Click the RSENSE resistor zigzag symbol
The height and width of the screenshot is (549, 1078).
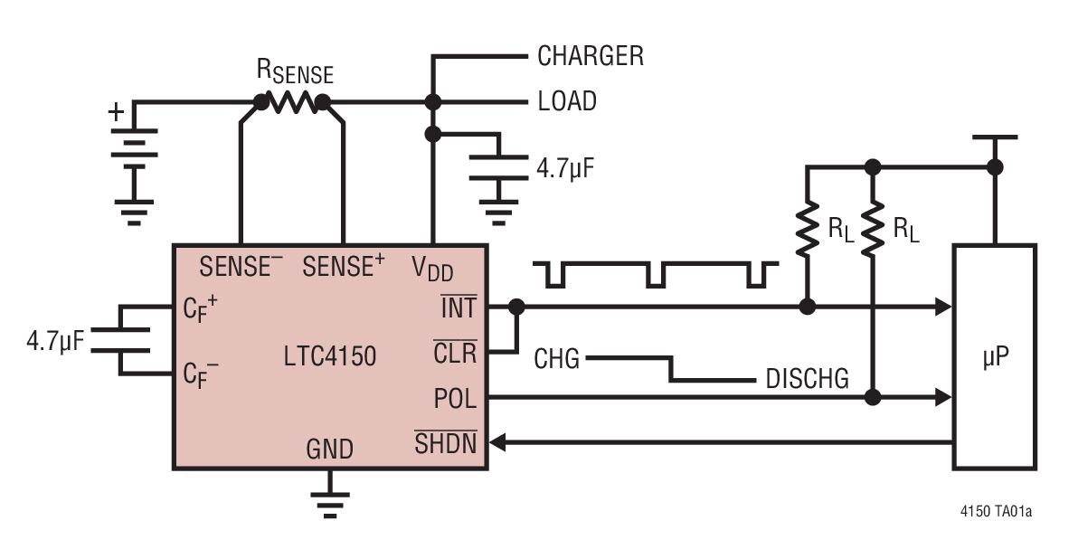click(291, 102)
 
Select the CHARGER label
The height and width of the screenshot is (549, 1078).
click(590, 56)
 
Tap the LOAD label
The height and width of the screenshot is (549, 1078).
click(567, 101)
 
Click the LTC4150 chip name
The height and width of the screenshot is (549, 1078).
click(330, 356)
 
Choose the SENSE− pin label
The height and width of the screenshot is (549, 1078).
click(241, 267)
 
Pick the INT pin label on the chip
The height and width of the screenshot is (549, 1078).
click(459, 308)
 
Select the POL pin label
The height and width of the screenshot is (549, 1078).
click(456, 398)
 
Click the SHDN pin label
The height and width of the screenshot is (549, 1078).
click(445, 443)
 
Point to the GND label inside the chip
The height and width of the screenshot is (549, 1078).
click(329, 449)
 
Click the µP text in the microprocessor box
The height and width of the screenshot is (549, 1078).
click(994, 357)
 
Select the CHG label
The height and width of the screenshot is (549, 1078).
click(556, 359)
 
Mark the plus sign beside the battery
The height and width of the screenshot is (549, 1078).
click(116, 112)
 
